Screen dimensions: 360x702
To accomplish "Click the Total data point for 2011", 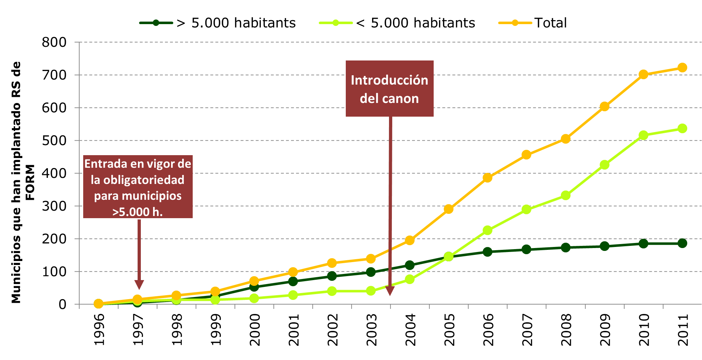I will [x=682, y=68].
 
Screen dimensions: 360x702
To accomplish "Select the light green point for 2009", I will [x=604, y=165].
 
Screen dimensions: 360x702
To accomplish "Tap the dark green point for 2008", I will [x=565, y=247].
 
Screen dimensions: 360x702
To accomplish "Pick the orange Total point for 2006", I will [x=487, y=177].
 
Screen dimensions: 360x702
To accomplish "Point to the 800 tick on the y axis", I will [x=54, y=42].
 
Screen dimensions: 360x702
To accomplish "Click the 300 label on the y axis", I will [x=54, y=206].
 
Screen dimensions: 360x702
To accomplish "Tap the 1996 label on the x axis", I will [x=99, y=329].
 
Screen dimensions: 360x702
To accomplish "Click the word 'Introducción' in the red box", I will [x=389, y=80].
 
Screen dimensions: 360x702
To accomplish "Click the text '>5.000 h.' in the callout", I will [x=138, y=212].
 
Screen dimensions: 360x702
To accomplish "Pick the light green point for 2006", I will [x=487, y=230].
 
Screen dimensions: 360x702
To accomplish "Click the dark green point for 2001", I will [x=293, y=281].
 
